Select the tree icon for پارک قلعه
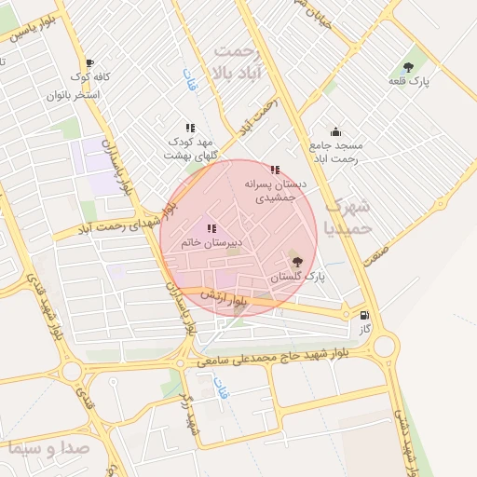[408, 66]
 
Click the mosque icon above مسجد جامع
[335, 132]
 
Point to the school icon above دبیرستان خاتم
[211, 228]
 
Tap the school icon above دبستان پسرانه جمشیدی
[275, 170]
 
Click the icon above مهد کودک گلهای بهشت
[190, 128]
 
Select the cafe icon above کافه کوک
[89, 62]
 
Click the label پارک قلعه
[410, 82]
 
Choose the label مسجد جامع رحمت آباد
[337, 153]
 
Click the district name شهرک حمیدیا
[350, 216]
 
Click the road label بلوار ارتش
[227, 299]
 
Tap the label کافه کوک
[93, 78]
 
